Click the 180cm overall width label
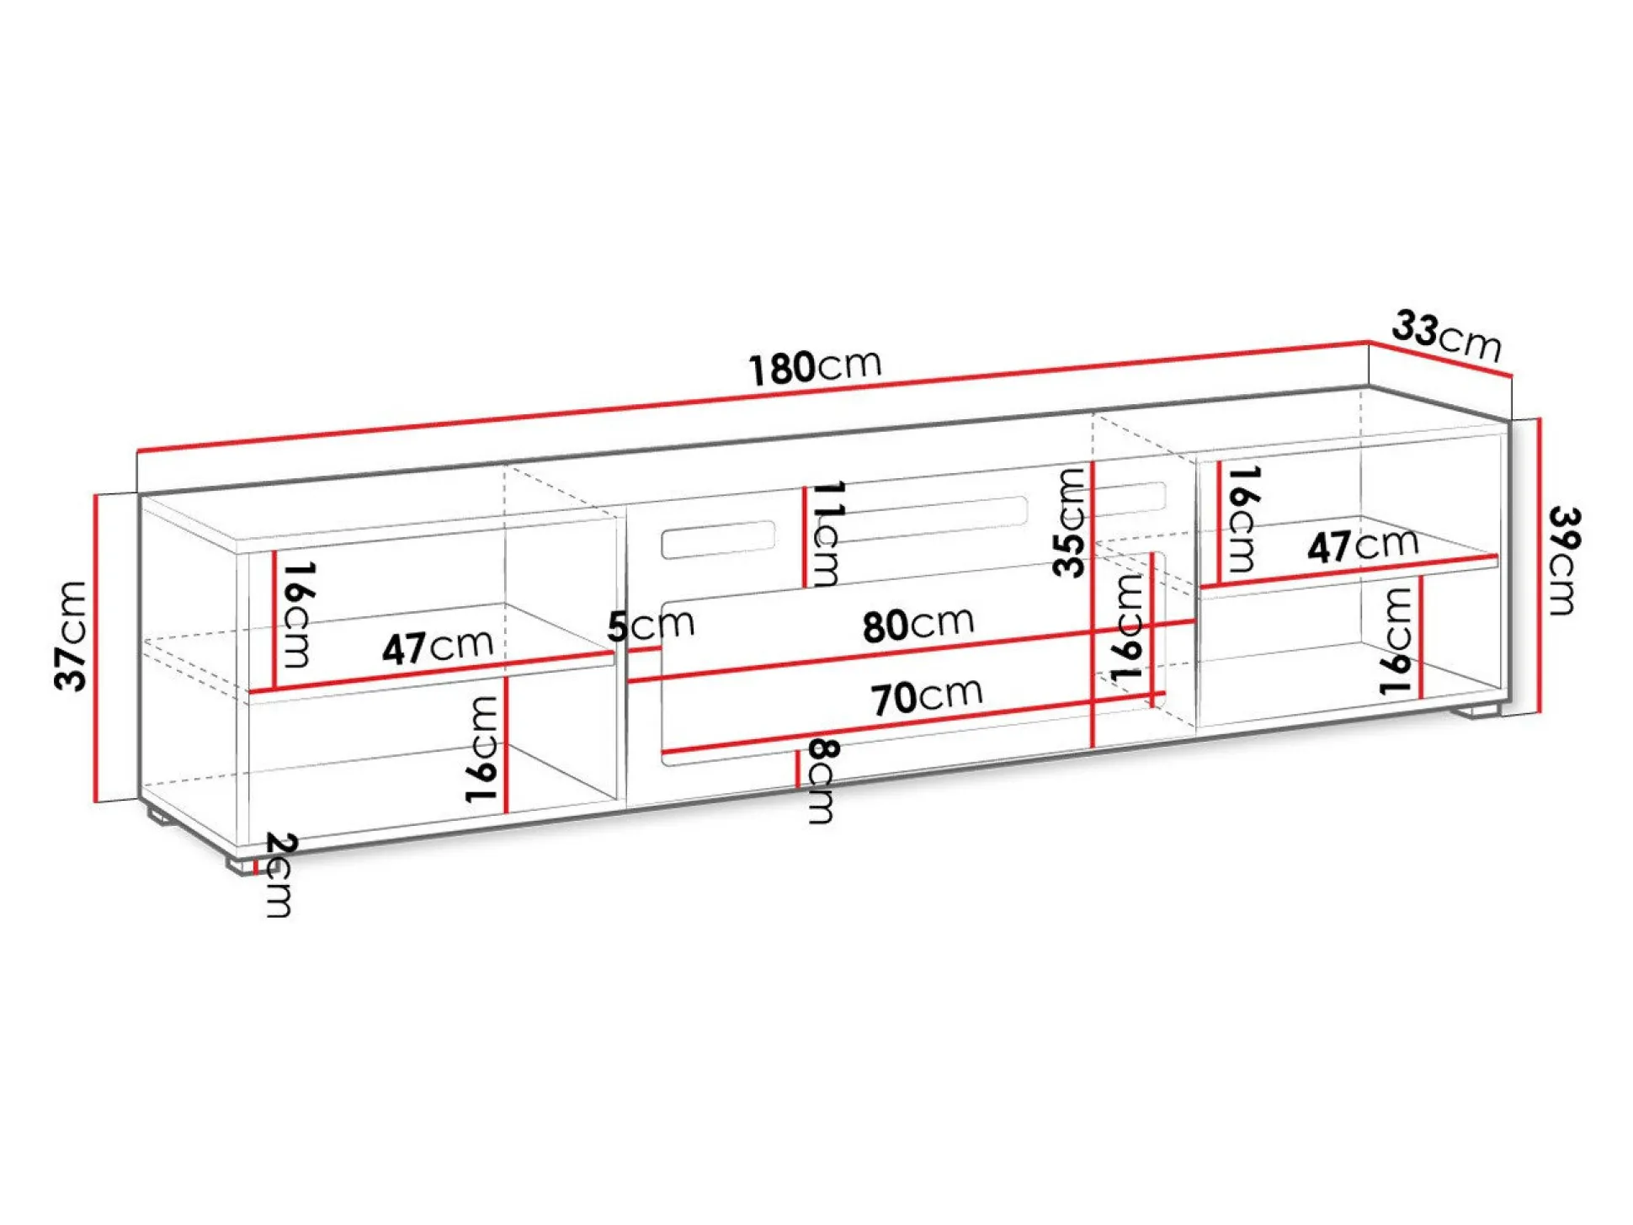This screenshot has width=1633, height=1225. coord(815,367)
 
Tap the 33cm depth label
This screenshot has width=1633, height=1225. coord(1446,335)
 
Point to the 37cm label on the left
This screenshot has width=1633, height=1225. coord(71,636)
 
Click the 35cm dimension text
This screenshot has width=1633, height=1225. coord(1069,522)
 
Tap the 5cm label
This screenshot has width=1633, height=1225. coord(651,626)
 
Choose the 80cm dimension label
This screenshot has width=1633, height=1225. coord(918,625)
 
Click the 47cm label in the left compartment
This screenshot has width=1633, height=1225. coord(437,647)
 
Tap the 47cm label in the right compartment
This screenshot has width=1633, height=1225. coord(1363,546)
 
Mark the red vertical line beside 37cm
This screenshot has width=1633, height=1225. coord(97,647)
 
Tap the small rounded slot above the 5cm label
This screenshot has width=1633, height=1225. coord(718,540)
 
